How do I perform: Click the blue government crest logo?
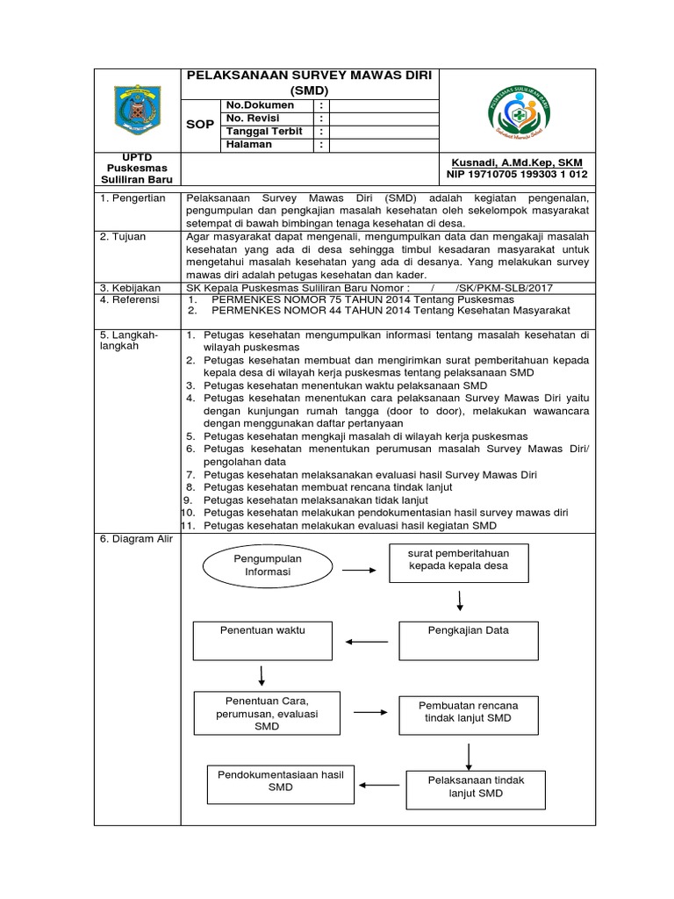pos(136,111)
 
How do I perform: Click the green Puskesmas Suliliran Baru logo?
pos(520,111)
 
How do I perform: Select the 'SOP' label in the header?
pos(201,125)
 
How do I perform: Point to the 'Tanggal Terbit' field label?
pos(264,132)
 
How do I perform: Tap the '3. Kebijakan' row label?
pos(130,287)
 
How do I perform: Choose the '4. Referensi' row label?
pos(130,299)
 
